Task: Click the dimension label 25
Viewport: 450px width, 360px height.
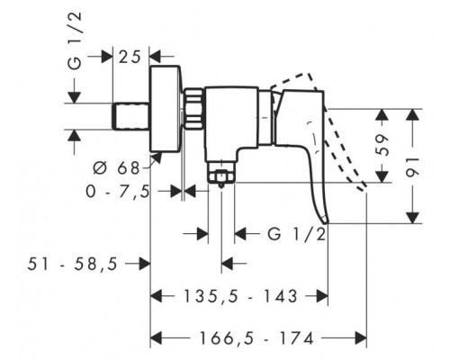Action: click(130, 57)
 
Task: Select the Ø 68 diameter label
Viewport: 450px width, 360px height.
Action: click(116, 168)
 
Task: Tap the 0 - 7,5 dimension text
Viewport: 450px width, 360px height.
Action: click(118, 192)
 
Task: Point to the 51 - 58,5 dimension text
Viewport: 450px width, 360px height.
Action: click(72, 265)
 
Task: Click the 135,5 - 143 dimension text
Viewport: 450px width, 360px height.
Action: click(240, 296)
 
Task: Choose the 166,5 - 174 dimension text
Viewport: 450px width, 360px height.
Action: click(256, 338)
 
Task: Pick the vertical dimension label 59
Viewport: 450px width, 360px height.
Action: click(382, 146)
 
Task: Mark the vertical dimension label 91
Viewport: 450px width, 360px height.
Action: click(413, 166)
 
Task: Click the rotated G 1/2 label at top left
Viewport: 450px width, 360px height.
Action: click(75, 41)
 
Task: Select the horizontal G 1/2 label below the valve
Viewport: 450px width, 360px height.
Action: click(297, 234)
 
